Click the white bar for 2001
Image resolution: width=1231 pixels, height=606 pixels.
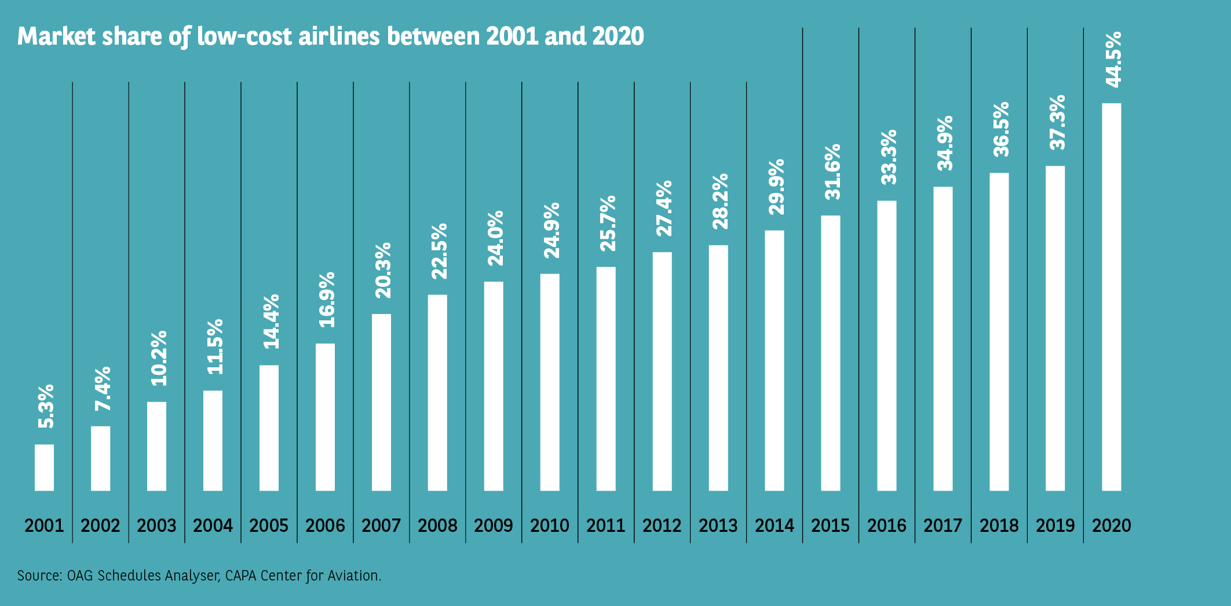coord(44,468)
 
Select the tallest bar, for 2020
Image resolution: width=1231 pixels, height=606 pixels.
coord(1111,297)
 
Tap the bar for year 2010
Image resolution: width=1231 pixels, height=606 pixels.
coord(550,382)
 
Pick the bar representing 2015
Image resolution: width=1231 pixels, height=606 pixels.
coord(830,353)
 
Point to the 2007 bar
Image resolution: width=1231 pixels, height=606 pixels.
coord(381,402)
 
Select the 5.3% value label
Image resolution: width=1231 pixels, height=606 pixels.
coord(46,406)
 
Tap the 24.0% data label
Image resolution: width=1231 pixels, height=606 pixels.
coord(495,238)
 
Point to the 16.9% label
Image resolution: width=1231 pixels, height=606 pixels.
coord(327,300)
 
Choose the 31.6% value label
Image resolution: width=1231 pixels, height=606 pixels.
coord(832,172)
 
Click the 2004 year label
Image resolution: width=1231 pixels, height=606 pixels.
coord(213,525)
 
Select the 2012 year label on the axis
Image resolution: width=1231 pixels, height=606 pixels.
coord(662,525)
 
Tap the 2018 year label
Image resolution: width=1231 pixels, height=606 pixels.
coord(999,525)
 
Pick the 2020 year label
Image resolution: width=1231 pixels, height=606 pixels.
coord(1112,525)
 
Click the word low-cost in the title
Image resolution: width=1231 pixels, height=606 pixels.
coord(244,36)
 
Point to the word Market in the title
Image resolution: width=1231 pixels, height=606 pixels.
coord(56,36)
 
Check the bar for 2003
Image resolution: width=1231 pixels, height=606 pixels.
coord(156,446)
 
